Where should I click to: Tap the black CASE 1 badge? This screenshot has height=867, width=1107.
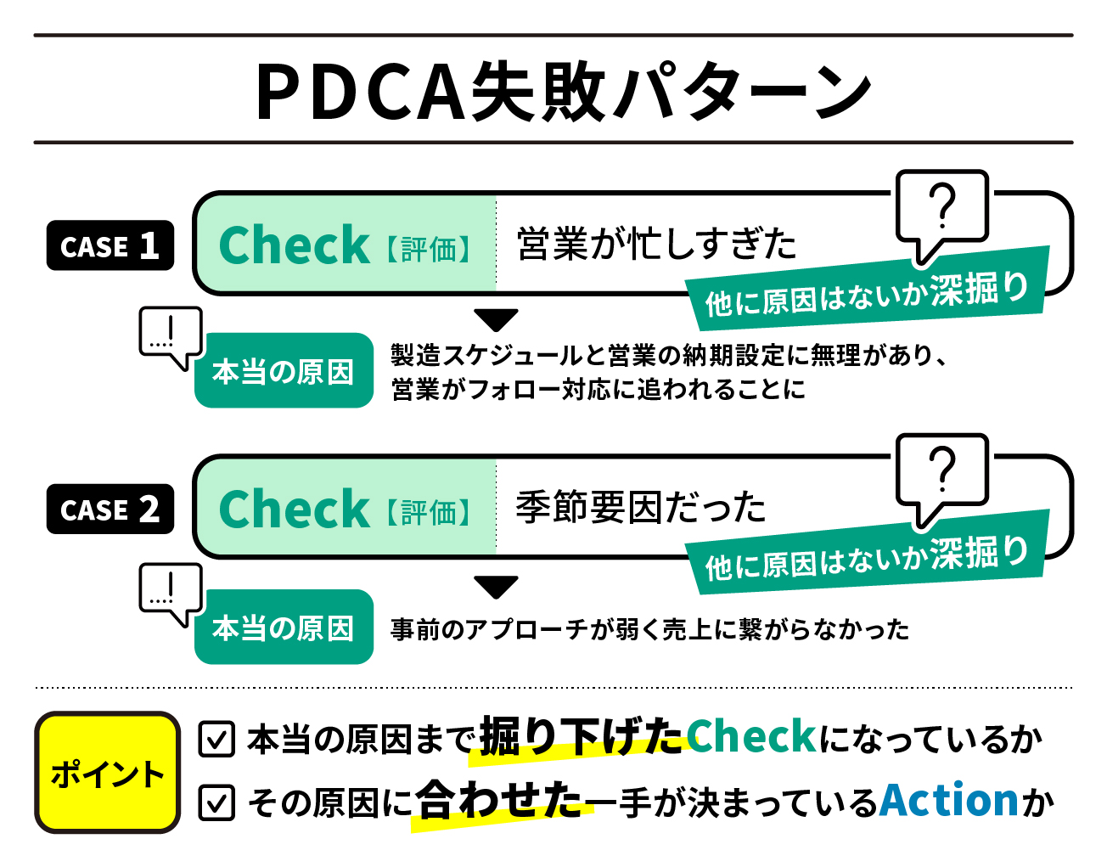110,246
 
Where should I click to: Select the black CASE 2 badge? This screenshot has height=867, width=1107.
110,510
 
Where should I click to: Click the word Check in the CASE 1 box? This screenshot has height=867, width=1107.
294,245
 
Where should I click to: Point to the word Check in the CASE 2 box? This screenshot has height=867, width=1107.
294,509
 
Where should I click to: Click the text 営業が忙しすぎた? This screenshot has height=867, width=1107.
656,245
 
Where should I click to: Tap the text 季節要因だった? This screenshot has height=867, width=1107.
641,508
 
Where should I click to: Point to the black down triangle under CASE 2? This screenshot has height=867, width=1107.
496,587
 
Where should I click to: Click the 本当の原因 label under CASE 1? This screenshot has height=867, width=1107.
284,371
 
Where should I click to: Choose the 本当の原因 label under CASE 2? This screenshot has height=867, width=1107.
284,628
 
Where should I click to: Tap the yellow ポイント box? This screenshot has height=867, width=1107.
107,773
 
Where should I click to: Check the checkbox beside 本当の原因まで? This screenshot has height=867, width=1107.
216,739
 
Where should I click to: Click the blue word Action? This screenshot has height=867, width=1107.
949,800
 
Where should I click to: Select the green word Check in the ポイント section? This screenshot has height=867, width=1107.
751,736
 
